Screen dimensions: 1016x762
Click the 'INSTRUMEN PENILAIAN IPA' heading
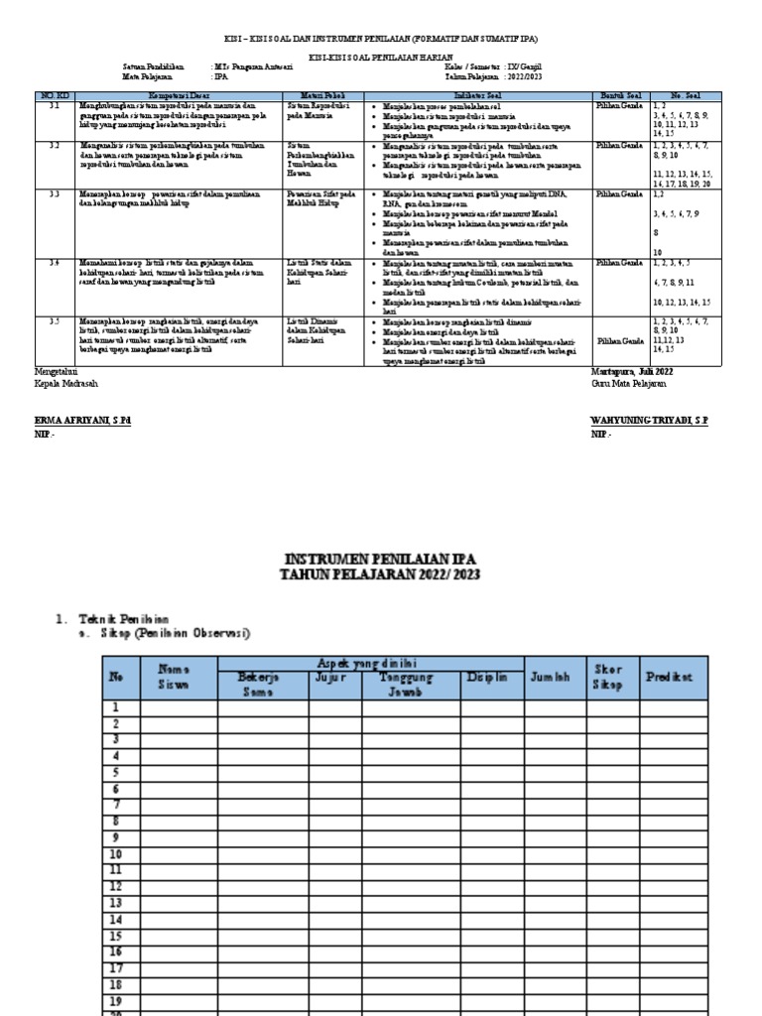click(x=380, y=559)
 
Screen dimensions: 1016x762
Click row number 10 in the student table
click(x=117, y=853)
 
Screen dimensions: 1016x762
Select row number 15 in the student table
click(x=117, y=935)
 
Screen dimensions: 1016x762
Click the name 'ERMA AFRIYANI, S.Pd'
click(x=81, y=422)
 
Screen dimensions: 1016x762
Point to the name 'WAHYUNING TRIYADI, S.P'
click(x=649, y=422)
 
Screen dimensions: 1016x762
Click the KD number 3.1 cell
click(x=56, y=104)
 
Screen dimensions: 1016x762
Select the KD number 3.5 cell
click(x=56, y=321)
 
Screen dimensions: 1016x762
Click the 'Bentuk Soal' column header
click(x=619, y=95)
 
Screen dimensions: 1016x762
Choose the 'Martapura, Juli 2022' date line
click(x=630, y=371)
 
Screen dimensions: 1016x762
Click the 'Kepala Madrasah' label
click(x=66, y=383)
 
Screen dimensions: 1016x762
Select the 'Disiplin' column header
click(x=487, y=677)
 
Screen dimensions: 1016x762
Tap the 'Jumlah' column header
click(x=551, y=677)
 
